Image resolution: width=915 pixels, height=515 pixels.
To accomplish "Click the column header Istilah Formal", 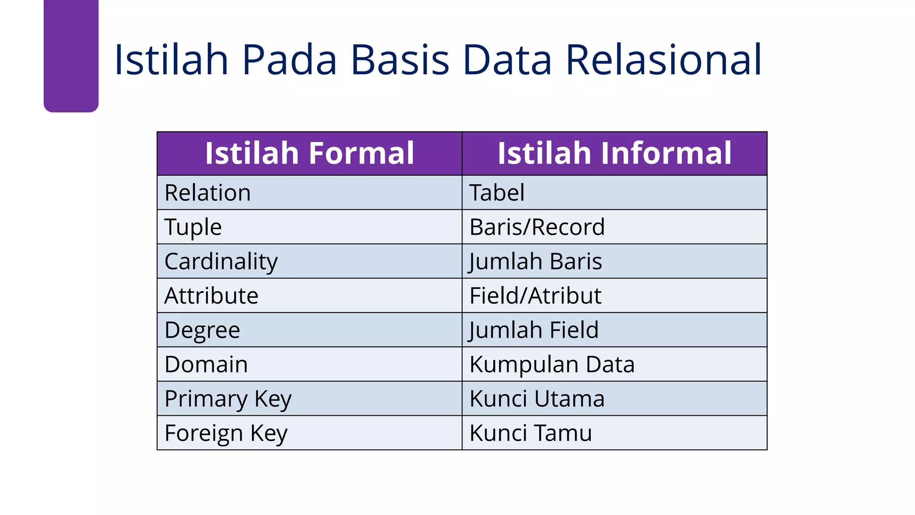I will tap(309, 153).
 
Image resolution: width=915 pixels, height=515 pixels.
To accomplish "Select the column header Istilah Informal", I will tap(614, 153).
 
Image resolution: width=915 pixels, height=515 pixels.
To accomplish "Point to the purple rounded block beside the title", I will tap(71, 56).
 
